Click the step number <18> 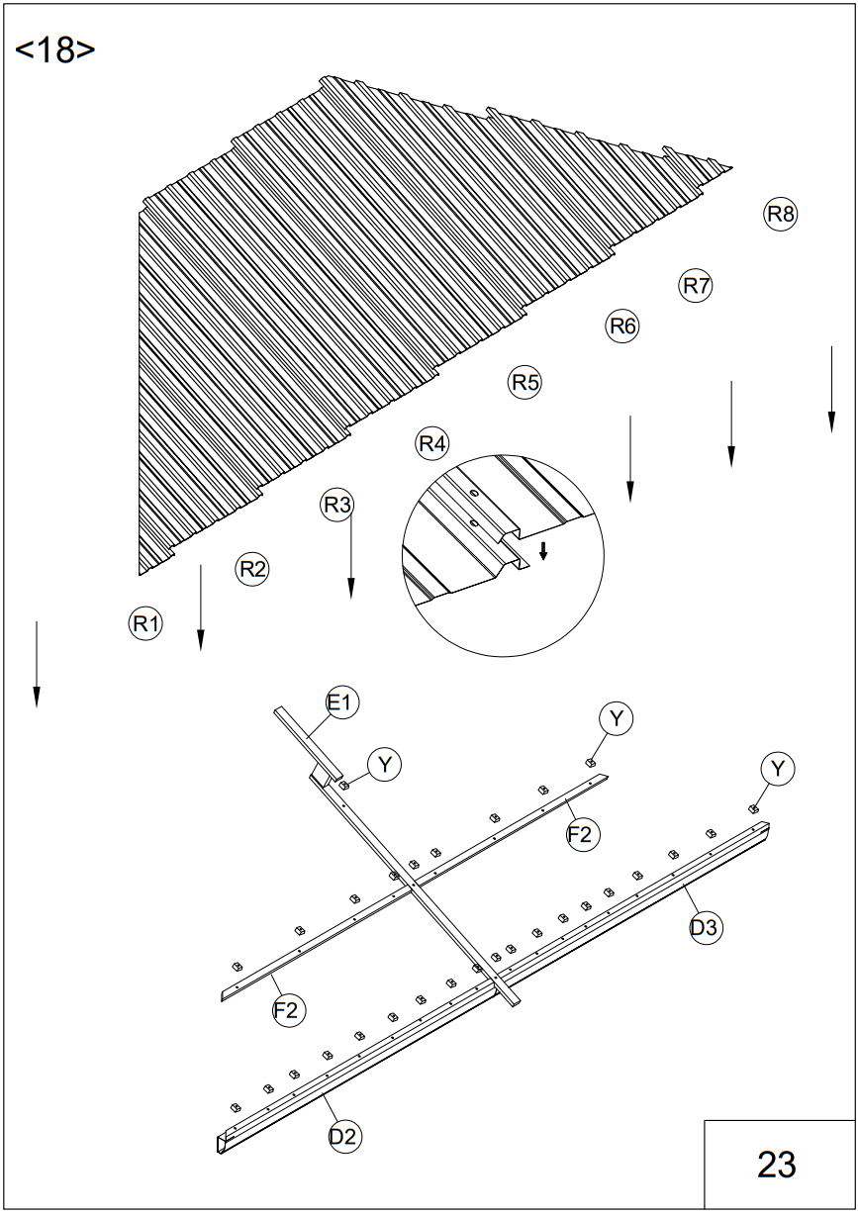coord(55,49)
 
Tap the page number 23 coord(777,1165)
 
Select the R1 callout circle coord(145,623)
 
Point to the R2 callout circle coord(253,569)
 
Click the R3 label coord(337,506)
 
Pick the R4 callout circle coord(432,443)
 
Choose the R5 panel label coord(524,382)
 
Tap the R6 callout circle coord(622,326)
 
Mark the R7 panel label coord(697,286)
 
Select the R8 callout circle coord(781,213)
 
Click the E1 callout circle coord(341,703)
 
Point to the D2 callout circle coord(343,1136)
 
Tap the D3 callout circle coord(706,927)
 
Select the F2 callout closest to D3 coord(582,835)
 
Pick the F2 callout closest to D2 coord(288,1010)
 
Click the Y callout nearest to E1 coord(384,764)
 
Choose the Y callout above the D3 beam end coord(778,768)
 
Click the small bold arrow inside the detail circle coord(542,550)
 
